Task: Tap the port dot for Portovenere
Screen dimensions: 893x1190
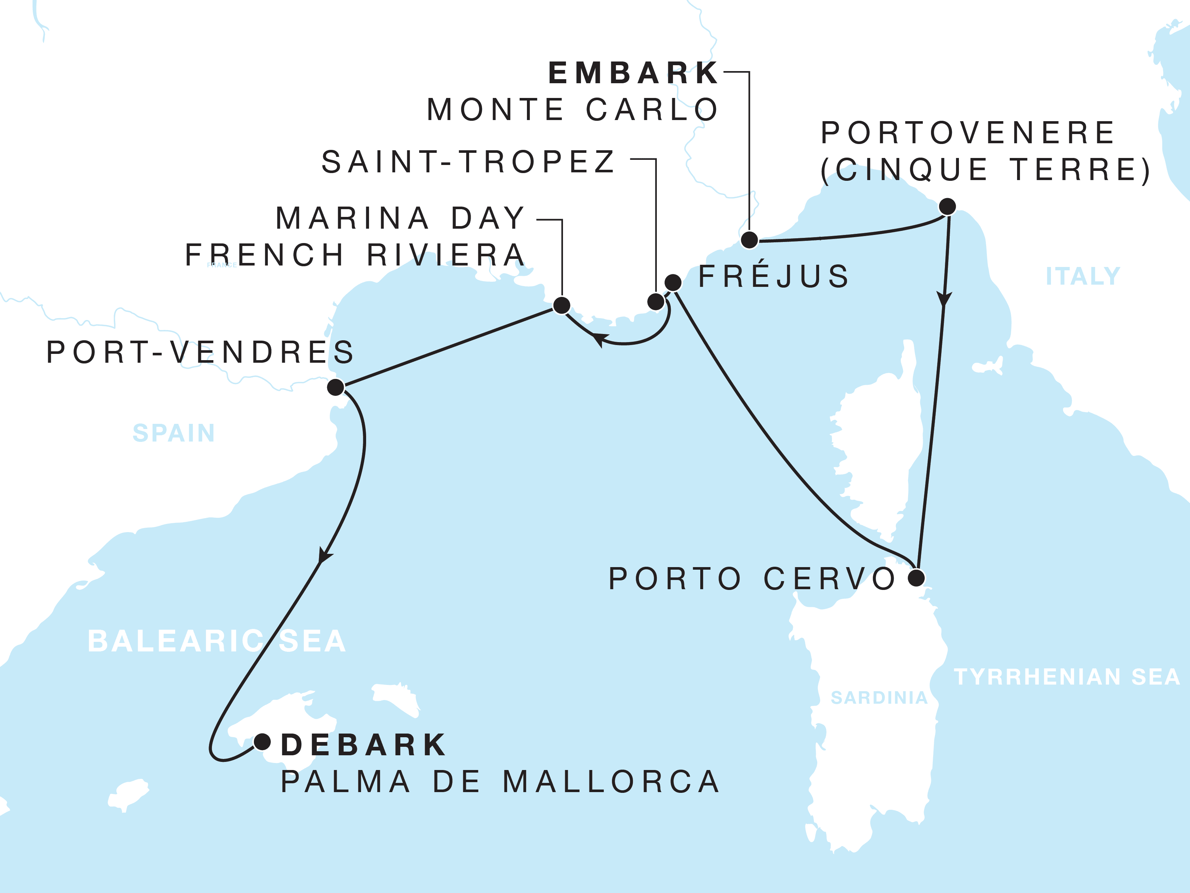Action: pyautogui.click(x=948, y=206)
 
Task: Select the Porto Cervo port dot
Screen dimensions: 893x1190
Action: pyautogui.click(x=917, y=578)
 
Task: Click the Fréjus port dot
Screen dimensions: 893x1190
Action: pyautogui.click(x=673, y=282)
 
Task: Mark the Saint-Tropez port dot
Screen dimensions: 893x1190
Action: pyautogui.click(x=656, y=302)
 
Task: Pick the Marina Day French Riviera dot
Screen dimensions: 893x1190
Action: pyautogui.click(x=562, y=305)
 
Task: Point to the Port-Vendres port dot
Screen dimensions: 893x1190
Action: pyautogui.click(x=336, y=387)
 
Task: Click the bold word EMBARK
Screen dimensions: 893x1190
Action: pyautogui.click(x=633, y=73)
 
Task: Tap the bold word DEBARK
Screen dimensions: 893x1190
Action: pyautogui.click(x=364, y=745)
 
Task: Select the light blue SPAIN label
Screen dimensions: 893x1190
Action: pyautogui.click(x=174, y=433)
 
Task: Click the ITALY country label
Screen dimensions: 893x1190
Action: pyautogui.click(x=1083, y=277)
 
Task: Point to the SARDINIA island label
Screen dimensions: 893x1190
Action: pyautogui.click(x=879, y=698)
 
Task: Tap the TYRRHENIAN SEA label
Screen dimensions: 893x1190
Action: pyautogui.click(x=1067, y=677)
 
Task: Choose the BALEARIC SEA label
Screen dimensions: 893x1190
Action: pyautogui.click(x=217, y=641)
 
